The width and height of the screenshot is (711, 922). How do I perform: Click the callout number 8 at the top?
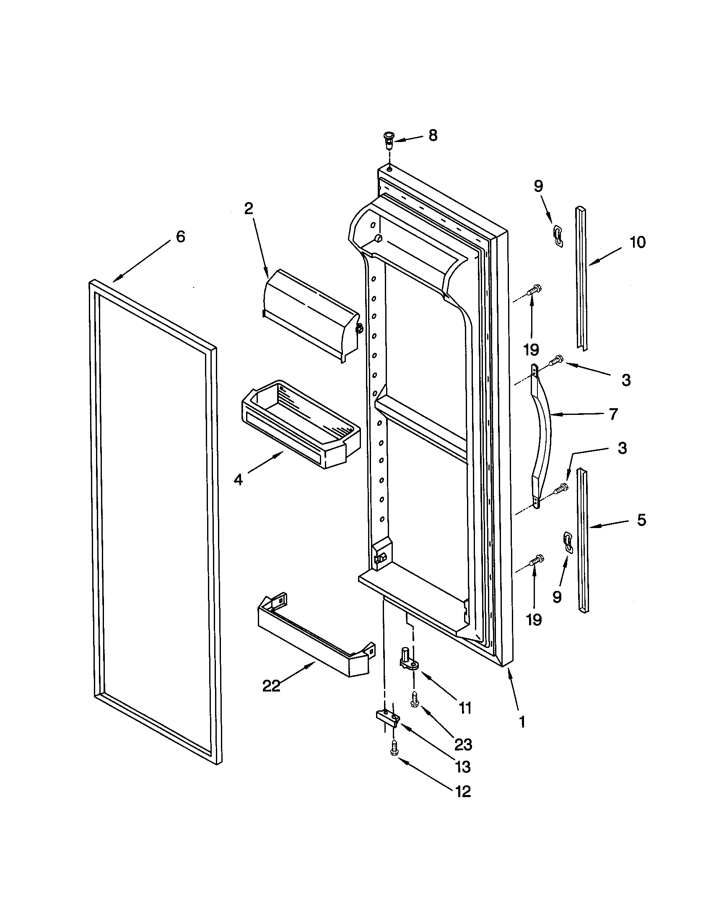(x=433, y=135)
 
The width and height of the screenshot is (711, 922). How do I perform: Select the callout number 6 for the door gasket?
(x=180, y=237)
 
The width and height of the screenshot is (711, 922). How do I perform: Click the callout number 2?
(x=249, y=209)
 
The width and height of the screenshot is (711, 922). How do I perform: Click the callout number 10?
(x=637, y=242)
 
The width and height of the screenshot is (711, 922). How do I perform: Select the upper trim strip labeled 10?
(x=581, y=279)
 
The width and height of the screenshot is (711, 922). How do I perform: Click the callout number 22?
(x=271, y=686)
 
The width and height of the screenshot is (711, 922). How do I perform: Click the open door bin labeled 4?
(x=300, y=424)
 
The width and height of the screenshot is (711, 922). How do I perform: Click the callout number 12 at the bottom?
(x=463, y=792)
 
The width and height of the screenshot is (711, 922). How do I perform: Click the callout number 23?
(x=463, y=745)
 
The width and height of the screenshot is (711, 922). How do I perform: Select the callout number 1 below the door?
(x=522, y=723)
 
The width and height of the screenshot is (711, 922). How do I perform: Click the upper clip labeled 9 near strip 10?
(x=558, y=235)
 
